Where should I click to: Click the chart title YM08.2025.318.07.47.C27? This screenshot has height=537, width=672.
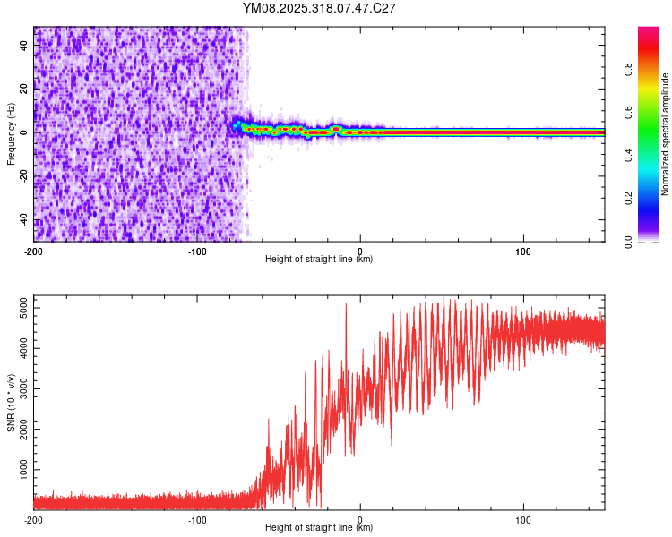(x=320, y=8)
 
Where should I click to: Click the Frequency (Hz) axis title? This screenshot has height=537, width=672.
(x=11, y=134)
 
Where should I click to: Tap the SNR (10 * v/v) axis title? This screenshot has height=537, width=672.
(x=11, y=404)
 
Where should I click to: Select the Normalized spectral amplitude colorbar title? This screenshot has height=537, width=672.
(x=665, y=134)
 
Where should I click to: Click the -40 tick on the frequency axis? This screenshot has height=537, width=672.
(x=23, y=220)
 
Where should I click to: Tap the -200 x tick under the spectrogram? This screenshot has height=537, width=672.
(x=34, y=251)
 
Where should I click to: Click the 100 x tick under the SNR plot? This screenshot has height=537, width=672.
(x=523, y=519)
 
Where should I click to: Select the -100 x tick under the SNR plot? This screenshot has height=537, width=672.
(x=197, y=519)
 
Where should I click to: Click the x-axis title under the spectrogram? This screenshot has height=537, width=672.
(x=319, y=260)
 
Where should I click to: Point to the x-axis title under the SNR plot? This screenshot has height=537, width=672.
(x=319, y=528)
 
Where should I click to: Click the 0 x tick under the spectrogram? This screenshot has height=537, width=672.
(x=360, y=251)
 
